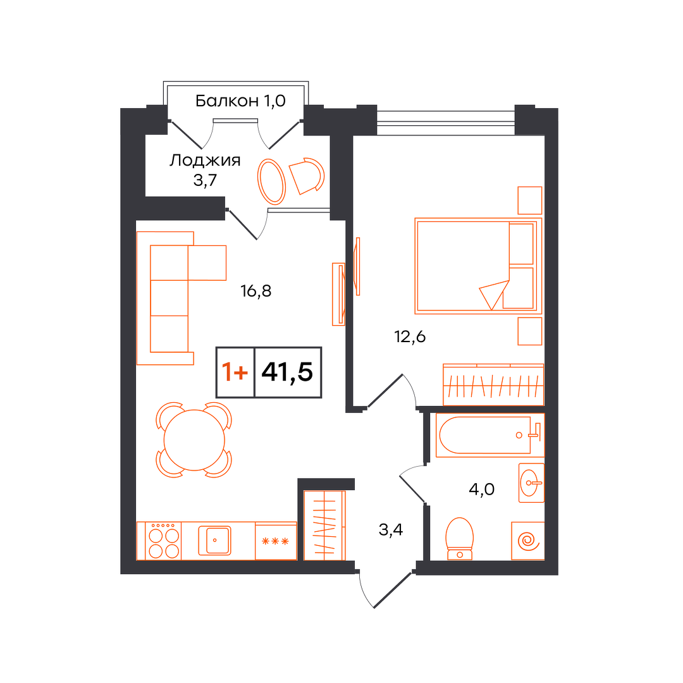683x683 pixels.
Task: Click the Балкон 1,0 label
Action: coord(240,101)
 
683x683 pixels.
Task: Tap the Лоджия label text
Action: coord(205,160)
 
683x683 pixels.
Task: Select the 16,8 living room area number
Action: coord(255,290)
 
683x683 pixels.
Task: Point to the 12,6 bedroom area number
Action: coord(409,336)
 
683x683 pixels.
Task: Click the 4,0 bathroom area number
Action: coord(481,489)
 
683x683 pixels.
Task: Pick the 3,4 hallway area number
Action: coord(391,530)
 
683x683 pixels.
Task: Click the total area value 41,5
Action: coord(287,372)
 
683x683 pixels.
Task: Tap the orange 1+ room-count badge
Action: coord(235,372)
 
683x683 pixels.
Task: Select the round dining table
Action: coord(194,440)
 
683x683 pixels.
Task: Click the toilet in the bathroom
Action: coord(460,539)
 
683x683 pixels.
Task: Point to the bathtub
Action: coord(490,435)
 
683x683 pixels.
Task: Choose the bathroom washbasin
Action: coord(531,483)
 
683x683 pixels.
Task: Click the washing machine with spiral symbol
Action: coord(528,541)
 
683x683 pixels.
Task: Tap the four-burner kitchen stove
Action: coord(159,541)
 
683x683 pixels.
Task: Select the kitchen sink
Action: coord(215,541)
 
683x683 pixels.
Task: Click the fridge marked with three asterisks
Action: coord(276,541)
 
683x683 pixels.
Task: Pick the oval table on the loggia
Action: coord(271,182)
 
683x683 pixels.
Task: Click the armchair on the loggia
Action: coord(307,176)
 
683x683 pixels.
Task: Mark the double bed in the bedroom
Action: coord(478,266)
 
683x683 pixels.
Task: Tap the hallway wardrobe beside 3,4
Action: coord(324,526)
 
